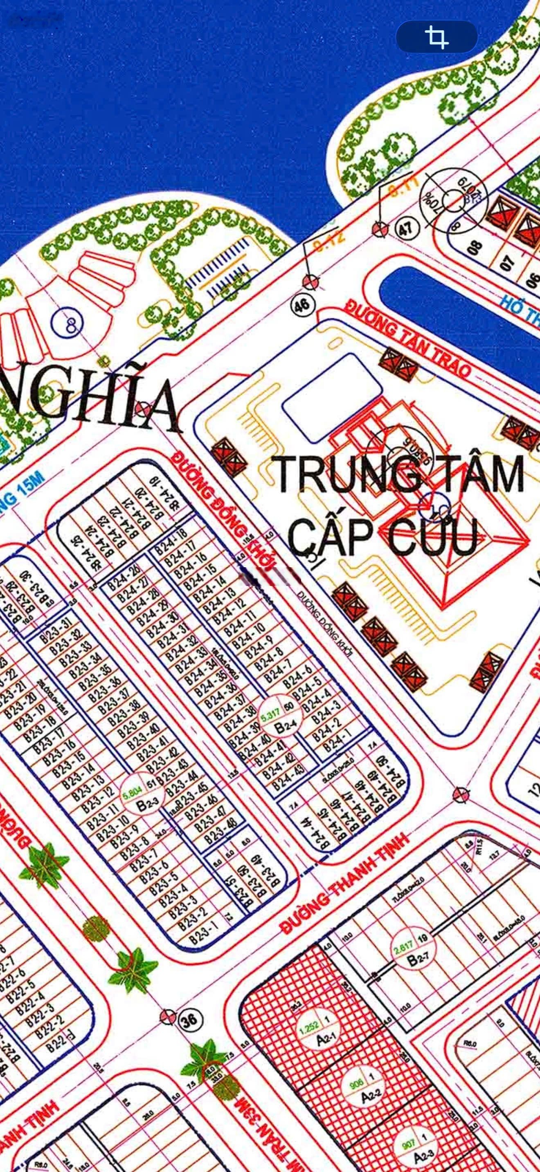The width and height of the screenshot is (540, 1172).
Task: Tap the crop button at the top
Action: [x=436, y=36]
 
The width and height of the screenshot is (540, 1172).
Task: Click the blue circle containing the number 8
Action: [x=67, y=325]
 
